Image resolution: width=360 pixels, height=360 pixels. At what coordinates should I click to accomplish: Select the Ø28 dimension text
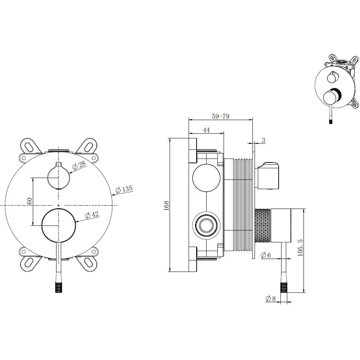tap(78, 165)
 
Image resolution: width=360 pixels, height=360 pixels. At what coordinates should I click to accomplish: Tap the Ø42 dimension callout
tap(92, 215)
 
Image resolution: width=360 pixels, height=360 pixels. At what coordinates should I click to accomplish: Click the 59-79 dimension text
tap(220, 116)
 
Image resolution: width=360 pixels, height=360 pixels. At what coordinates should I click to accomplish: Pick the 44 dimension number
tap(207, 130)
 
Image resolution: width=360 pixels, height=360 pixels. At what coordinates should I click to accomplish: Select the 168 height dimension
tap(166, 206)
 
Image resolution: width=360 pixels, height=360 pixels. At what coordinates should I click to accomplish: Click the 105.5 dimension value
tap(300, 247)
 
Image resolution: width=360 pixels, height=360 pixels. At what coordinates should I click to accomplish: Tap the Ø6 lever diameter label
tap(266, 255)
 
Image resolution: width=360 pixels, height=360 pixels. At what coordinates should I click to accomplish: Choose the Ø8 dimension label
tap(270, 298)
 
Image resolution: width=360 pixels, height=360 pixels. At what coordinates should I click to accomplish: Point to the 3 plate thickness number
tap(263, 140)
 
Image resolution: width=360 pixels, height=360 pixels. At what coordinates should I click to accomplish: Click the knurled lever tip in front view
tap(58, 287)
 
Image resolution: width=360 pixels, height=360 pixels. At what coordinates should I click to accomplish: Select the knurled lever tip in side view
tap(284, 287)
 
